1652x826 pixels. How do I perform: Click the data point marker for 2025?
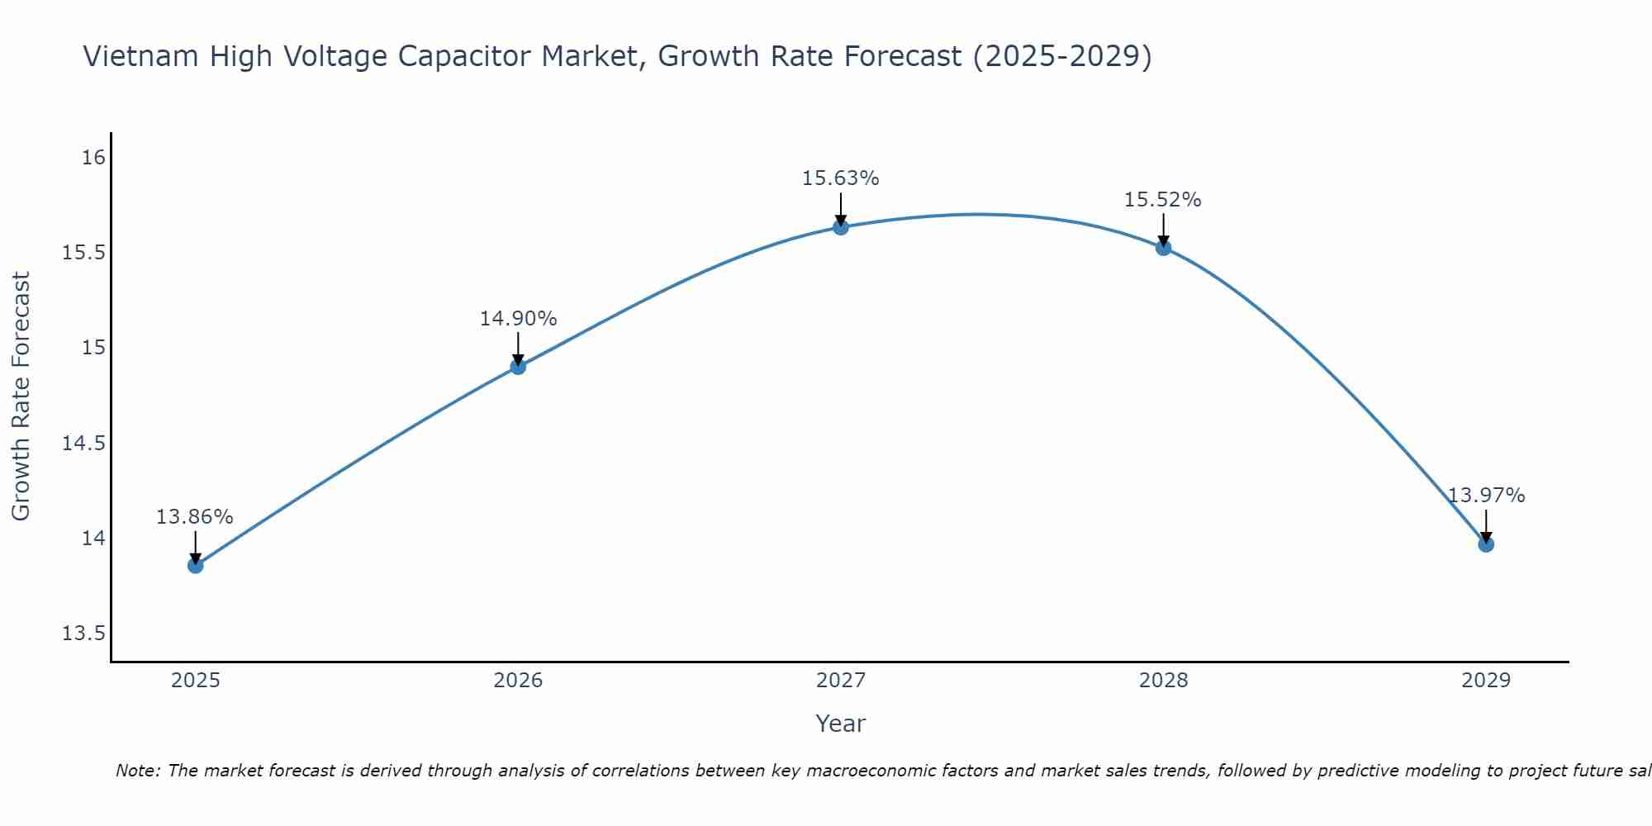click(196, 566)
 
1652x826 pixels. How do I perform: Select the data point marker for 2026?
click(518, 367)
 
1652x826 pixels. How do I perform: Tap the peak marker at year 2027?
click(841, 227)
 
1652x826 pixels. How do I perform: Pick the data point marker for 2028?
click(1163, 248)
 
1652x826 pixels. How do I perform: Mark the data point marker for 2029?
click(1486, 544)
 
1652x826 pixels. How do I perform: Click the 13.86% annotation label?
click(195, 517)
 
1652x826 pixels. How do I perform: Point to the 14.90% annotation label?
click(518, 319)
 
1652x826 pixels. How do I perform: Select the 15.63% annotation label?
click(841, 178)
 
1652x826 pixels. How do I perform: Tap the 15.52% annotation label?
click(1163, 200)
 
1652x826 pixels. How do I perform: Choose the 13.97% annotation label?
click(1486, 496)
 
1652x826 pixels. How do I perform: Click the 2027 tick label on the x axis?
click(841, 681)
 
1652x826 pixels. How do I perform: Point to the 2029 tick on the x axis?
click(1486, 681)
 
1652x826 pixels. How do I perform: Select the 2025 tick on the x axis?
click(196, 681)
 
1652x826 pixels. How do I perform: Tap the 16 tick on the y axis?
click(94, 157)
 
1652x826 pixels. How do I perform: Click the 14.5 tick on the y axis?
click(84, 444)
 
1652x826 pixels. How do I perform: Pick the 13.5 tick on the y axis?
click(84, 634)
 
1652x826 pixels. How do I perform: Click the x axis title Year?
click(841, 724)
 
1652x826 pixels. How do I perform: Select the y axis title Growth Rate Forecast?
click(21, 396)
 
